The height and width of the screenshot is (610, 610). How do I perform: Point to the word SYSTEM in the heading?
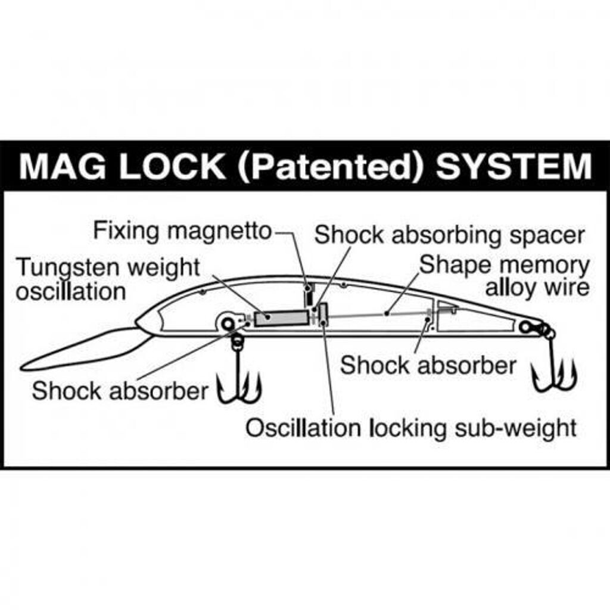point(513,167)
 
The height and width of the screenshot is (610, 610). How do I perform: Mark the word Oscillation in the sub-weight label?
point(303,428)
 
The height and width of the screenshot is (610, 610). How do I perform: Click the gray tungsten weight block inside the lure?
point(275,318)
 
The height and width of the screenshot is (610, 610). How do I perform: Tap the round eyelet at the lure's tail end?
point(525,326)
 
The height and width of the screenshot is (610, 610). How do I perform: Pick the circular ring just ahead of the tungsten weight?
point(228,323)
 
